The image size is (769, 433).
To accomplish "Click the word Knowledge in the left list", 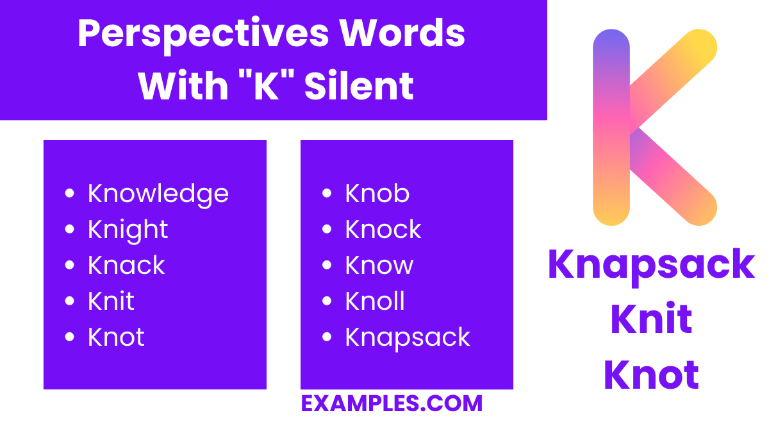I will (x=158, y=194).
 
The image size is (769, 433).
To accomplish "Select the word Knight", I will (x=128, y=230).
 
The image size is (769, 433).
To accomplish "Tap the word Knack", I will (x=126, y=266).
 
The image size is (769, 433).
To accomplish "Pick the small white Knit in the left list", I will (x=111, y=301).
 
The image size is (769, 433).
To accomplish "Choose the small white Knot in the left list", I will (x=116, y=337).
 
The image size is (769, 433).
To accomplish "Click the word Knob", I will (x=377, y=194).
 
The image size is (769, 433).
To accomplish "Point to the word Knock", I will (x=383, y=230).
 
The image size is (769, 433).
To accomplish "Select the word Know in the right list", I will (x=379, y=266).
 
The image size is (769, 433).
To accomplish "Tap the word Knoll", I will (x=375, y=301).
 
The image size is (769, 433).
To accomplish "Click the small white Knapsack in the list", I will (x=408, y=337).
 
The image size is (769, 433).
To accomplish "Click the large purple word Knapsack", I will (x=652, y=264).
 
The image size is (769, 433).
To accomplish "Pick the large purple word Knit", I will (x=652, y=319).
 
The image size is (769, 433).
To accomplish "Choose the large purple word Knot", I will (x=652, y=375).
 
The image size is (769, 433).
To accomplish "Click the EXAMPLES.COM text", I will (x=392, y=403).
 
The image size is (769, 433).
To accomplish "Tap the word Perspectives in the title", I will (x=200, y=35).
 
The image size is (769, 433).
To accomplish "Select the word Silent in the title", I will (x=359, y=86).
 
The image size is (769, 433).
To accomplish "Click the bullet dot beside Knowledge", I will (x=70, y=193).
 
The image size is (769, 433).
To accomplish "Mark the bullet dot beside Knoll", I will (x=327, y=301).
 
